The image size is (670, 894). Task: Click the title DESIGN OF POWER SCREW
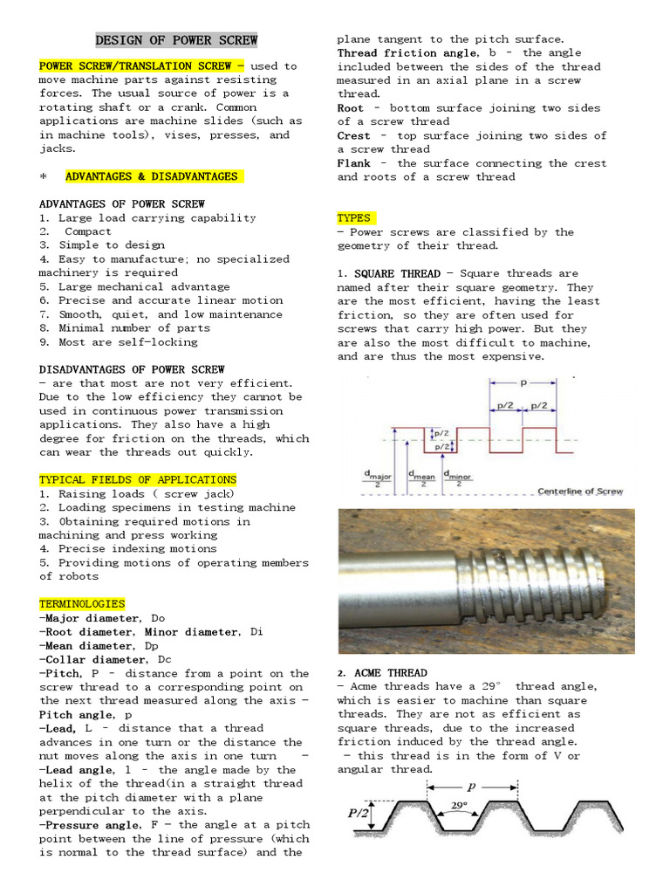tap(175, 40)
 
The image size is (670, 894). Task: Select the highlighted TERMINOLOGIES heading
tap(82, 603)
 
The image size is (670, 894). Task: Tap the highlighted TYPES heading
tap(356, 218)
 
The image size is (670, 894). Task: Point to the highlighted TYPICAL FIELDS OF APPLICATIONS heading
tap(138, 479)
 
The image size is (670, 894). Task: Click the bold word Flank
tap(354, 163)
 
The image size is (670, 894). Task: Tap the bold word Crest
tap(354, 135)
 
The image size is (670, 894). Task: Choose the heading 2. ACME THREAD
tap(382, 672)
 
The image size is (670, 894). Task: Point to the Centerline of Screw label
tap(580, 491)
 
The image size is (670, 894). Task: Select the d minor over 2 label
tap(459, 478)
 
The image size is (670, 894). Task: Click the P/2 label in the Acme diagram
tap(359, 814)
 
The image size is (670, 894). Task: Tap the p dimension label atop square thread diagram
tap(523, 382)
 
